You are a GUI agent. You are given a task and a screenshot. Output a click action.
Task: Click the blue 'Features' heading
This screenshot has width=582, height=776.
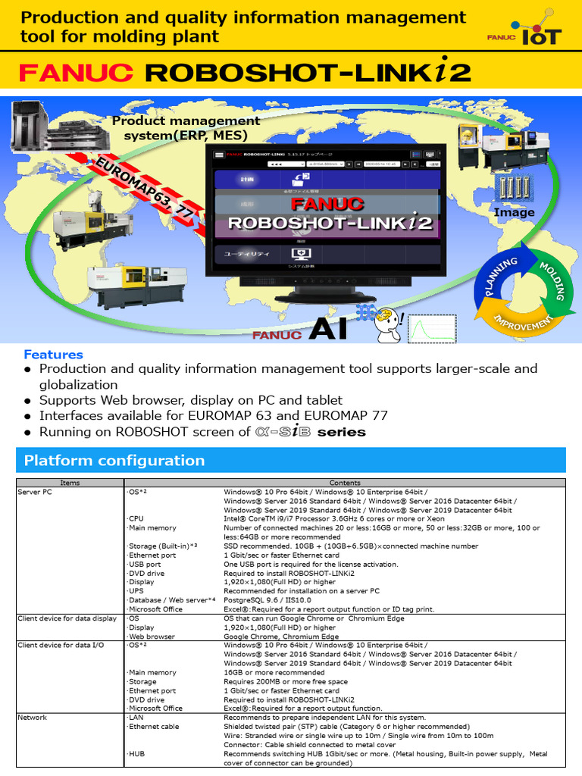[53, 354]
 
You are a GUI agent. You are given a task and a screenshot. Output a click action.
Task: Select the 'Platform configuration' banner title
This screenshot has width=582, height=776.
[114, 461]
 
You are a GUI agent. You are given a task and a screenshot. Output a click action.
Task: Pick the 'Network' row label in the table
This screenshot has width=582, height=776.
[32, 717]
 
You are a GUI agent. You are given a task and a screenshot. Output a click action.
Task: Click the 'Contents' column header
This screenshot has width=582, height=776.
[345, 483]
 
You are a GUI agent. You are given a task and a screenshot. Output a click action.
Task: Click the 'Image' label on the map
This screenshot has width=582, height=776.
[514, 212]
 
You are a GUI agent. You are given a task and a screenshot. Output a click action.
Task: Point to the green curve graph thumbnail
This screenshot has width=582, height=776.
[433, 328]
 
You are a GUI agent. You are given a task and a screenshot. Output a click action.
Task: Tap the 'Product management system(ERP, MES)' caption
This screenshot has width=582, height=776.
[186, 127]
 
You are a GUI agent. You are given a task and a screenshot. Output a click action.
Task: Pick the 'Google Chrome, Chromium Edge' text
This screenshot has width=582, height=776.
[281, 637]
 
